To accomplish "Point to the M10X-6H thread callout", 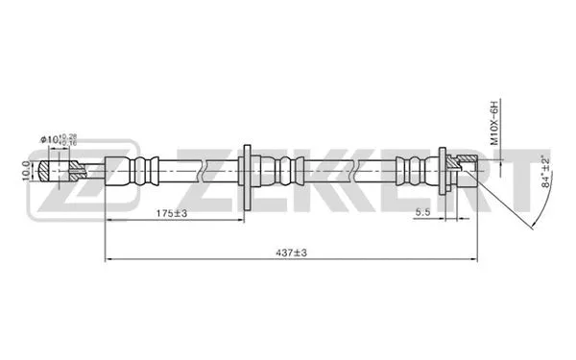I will (495, 122).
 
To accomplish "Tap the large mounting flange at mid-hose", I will (248, 174).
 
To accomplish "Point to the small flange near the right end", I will (443, 173).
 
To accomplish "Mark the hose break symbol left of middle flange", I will (205, 174).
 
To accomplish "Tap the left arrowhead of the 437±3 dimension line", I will (108, 259).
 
